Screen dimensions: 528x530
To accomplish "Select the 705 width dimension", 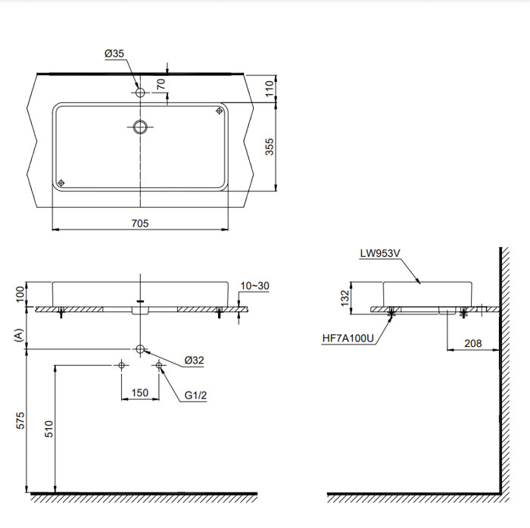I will point(139,223).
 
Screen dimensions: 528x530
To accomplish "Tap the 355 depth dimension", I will point(269,147).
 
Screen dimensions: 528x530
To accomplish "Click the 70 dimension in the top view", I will point(160,84).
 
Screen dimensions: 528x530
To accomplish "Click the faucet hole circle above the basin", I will point(140,92).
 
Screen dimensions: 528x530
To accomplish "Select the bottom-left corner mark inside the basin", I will point(61,182).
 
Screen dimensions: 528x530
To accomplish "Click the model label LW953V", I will point(381,255).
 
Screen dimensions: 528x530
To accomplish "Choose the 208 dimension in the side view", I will point(473,343).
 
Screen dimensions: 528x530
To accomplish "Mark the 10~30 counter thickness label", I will point(255,286).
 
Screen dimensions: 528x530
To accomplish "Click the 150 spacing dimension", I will point(139,393).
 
